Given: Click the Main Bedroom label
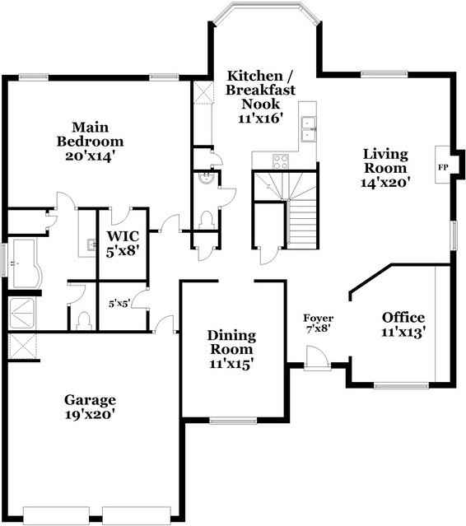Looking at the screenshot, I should (91, 140).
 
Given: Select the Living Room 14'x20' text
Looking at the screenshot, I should (386, 167).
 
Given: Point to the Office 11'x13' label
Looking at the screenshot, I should (403, 324).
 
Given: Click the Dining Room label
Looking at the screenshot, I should (231, 349).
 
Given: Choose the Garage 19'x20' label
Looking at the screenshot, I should (90, 407).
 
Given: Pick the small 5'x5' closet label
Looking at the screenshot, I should (120, 303).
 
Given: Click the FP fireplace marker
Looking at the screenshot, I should (442, 167).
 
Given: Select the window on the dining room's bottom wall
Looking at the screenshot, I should (231, 421).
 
